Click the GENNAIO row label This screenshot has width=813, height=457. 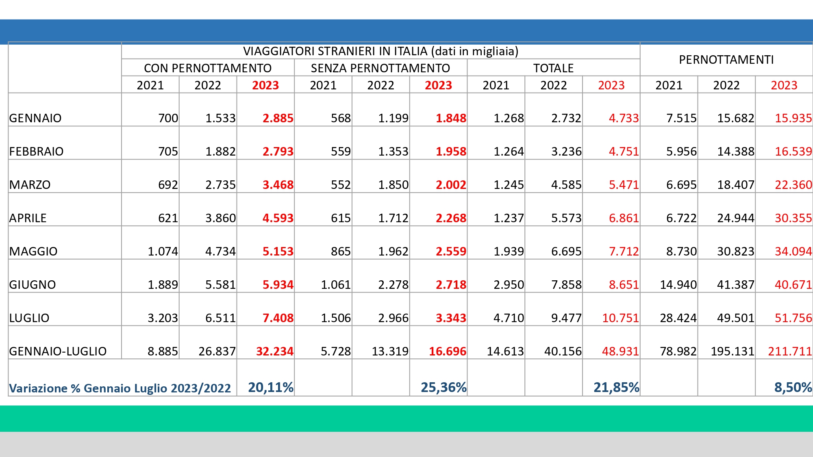click(35, 118)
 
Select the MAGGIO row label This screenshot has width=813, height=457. click(33, 251)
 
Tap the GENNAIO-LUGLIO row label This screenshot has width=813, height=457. click(58, 351)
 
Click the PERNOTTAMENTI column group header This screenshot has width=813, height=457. click(726, 60)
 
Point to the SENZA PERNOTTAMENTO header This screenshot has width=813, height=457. click(380, 68)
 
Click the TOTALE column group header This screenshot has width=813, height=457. click(553, 68)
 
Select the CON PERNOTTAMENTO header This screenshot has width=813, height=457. click(208, 68)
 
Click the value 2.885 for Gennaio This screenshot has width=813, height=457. click(278, 118)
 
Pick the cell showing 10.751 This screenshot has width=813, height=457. click(620, 318)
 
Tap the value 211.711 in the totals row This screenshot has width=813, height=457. click(789, 351)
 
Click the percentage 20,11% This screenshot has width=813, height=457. click(271, 388)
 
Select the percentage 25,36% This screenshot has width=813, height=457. click(443, 388)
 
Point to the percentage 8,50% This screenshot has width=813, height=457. click(793, 388)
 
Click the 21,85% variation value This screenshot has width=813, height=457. click(616, 388)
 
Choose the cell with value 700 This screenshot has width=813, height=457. click(168, 118)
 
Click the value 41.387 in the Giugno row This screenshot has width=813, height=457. click(735, 285)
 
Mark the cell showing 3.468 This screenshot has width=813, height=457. click(278, 185)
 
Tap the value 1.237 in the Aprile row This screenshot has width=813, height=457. click(509, 218)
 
